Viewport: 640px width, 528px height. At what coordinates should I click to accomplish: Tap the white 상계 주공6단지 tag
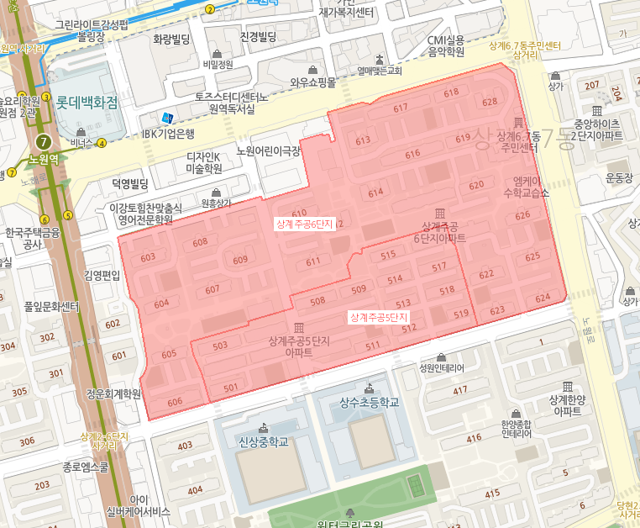305,224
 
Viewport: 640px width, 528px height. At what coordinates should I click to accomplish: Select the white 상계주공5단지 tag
378,317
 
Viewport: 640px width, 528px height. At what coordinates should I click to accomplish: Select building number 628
490,103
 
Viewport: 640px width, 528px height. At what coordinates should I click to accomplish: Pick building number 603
148,257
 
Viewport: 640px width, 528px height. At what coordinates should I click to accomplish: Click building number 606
175,402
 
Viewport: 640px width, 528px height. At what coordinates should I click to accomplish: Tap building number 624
543,298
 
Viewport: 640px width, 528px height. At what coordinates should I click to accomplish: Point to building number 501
231,388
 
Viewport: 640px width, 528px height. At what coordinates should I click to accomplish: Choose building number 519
460,314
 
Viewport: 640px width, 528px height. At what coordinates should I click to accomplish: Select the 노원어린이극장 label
269,151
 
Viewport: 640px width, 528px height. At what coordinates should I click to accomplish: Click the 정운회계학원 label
113,393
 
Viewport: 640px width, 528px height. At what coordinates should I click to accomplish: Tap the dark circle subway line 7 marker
43,141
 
